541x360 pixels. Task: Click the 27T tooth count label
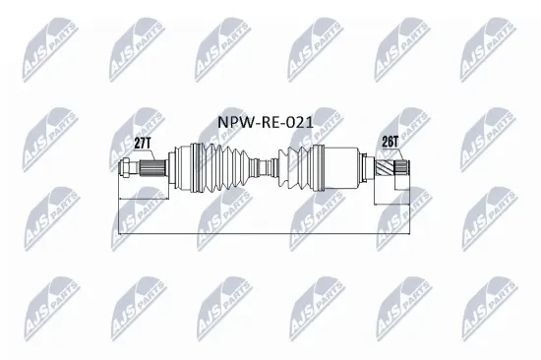144,144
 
